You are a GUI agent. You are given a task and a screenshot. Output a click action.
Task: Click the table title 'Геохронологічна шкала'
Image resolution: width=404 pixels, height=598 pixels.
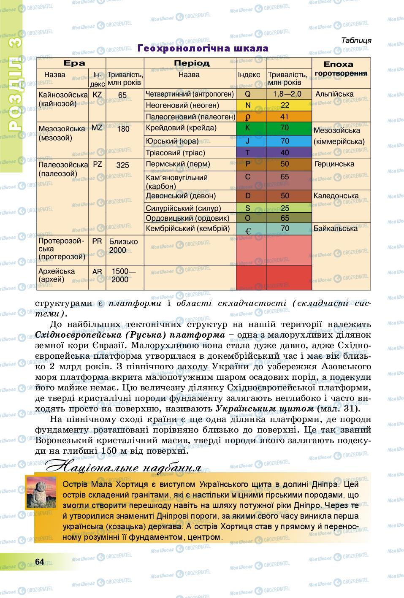[x=203, y=49]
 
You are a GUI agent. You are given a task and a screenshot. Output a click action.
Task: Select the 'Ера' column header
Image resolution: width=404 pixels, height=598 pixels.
[x=74, y=63]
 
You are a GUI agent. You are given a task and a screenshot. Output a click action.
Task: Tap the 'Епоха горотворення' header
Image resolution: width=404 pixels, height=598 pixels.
[x=341, y=69]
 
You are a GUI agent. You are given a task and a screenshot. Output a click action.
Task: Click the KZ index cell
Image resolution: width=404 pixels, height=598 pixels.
[x=97, y=95]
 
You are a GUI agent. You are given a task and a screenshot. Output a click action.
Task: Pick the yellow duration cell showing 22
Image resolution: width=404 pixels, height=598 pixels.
[x=285, y=106]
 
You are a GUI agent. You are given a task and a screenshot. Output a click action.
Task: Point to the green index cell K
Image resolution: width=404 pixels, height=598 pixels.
[x=248, y=128]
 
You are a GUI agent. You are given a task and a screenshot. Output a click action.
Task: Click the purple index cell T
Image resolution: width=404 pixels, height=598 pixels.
[x=248, y=153]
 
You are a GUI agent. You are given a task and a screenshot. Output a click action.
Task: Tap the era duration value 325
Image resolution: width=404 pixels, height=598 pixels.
[x=122, y=165]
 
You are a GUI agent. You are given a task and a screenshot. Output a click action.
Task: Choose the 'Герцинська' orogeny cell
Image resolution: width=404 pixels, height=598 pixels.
[x=334, y=164]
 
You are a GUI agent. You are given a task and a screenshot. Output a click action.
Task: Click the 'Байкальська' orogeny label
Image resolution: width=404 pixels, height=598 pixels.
[x=336, y=228]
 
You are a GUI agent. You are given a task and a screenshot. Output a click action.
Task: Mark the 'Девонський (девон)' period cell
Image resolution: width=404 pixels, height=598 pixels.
[x=181, y=196]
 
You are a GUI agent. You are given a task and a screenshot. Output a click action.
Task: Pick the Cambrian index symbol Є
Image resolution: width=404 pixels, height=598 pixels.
[x=248, y=230]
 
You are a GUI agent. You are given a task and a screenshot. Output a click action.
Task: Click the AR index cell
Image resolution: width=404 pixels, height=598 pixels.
[x=97, y=272]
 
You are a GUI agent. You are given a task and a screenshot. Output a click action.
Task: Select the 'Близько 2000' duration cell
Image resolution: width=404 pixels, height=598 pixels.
[x=123, y=246]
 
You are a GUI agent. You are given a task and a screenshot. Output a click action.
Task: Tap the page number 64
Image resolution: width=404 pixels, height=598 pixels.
[x=40, y=561]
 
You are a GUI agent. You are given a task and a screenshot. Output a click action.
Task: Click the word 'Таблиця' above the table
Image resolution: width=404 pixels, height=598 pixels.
[x=356, y=41]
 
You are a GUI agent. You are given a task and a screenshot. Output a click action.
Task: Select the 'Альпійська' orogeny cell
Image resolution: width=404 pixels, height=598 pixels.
[x=334, y=95]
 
